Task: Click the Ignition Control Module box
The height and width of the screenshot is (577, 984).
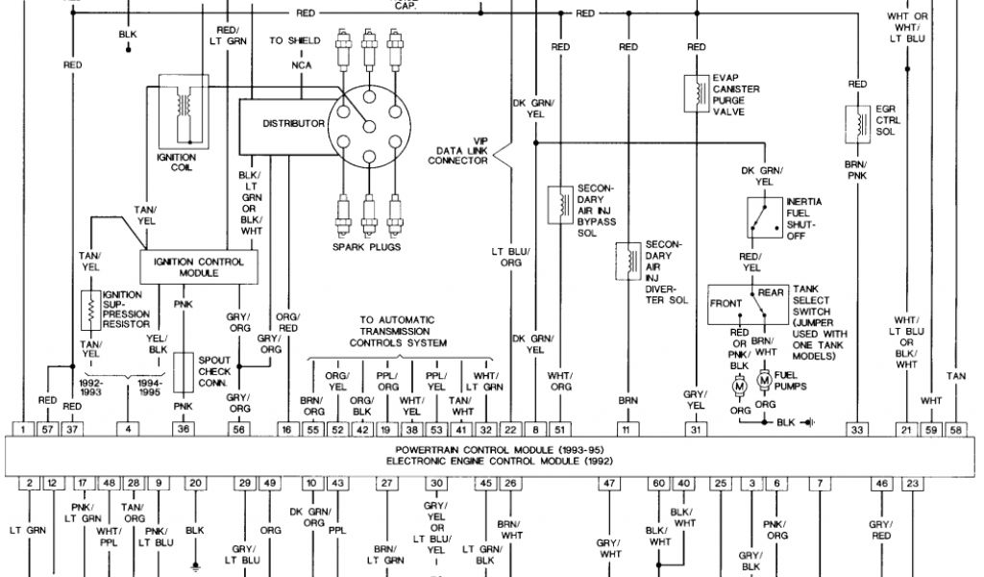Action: coord(199,266)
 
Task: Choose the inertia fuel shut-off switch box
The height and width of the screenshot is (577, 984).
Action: coord(764,217)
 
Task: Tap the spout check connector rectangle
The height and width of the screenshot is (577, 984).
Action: coord(184,369)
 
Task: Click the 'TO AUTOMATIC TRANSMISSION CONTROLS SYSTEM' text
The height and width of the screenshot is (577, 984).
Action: coord(397,331)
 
